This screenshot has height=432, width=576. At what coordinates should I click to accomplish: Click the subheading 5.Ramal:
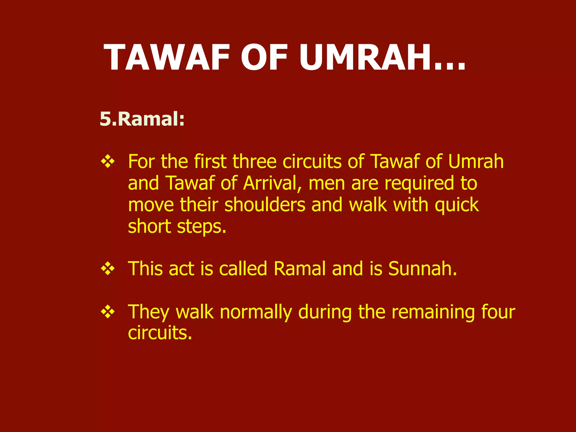click(x=142, y=119)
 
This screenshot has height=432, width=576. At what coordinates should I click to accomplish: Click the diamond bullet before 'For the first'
click(x=108, y=162)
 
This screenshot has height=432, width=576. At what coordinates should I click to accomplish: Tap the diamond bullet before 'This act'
click(x=108, y=269)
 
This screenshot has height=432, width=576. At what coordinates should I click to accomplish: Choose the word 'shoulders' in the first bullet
click(x=265, y=205)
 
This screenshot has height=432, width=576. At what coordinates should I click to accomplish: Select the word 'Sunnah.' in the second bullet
click(x=423, y=269)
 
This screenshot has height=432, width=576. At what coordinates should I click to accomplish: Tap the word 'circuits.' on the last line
click(x=160, y=333)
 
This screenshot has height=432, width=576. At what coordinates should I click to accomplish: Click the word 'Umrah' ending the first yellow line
click(x=476, y=162)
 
